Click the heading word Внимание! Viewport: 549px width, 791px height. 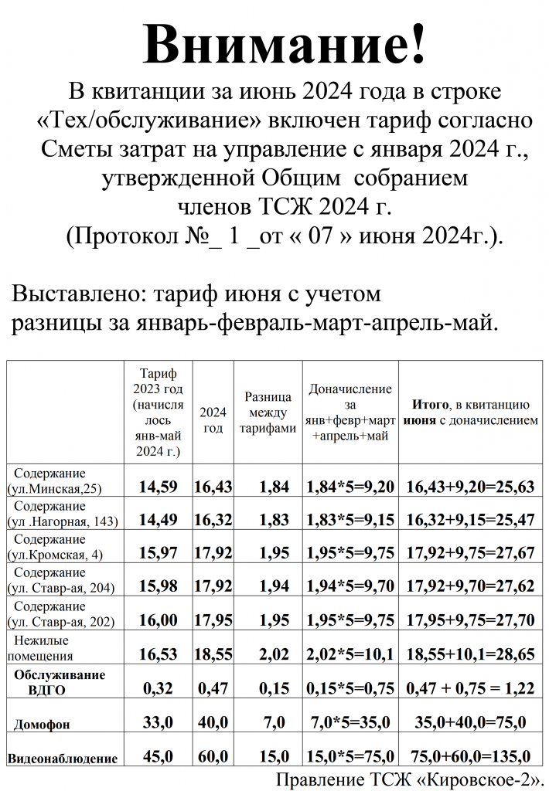click(x=285, y=44)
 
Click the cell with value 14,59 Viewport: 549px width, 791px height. click(x=159, y=487)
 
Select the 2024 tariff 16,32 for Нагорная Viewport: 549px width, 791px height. click(x=213, y=521)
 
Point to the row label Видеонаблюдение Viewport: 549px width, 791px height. click(x=63, y=759)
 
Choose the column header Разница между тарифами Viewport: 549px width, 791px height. click(x=268, y=412)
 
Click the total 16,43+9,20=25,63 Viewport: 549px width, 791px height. click(x=469, y=487)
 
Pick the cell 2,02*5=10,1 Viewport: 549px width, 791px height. click(x=350, y=655)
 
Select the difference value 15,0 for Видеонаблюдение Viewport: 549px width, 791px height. click(x=268, y=757)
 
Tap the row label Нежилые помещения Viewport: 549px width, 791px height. click(x=44, y=648)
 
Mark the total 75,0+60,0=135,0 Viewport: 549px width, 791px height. click(x=472, y=757)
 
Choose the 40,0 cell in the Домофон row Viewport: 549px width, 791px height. click(x=213, y=723)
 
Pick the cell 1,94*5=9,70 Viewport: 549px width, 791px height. click(x=350, y=588)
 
